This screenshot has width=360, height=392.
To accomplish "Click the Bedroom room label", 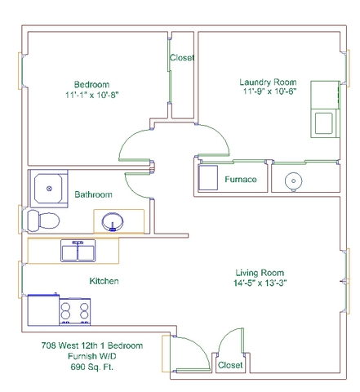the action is pos(91,84).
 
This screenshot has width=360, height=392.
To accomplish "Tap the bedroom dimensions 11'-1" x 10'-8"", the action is pos(92,95).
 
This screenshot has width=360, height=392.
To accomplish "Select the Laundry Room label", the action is pos(268,82).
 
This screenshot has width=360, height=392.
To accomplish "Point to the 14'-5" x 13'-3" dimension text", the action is pos(260,283).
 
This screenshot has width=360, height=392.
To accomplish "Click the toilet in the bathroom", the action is pos(43,220).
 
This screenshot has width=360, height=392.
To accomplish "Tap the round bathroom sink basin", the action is pos(113,222).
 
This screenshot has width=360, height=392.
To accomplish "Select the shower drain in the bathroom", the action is pos(49,189).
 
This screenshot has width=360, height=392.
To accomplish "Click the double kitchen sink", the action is pos(78,251).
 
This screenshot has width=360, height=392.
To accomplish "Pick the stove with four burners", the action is pos(75,311).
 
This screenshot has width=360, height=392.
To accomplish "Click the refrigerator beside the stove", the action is pos(43,310).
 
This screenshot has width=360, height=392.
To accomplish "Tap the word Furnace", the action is pos(241,180).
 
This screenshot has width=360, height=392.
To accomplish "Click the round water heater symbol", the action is pos(293,180).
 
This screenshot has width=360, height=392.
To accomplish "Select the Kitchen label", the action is pos(104,281).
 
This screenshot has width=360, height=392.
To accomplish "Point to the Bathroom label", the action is pos(93,194).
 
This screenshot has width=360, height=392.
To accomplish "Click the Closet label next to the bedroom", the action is pos(182,58).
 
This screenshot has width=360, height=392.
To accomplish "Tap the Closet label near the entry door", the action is pos(230,365).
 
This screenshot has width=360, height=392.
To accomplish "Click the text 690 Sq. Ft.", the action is pos(92,367).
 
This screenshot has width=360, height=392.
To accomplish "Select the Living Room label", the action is pos(260,273).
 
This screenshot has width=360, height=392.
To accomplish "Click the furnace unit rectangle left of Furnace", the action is pos(208,177).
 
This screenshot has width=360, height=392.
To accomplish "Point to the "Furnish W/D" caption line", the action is pos(92,356).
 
